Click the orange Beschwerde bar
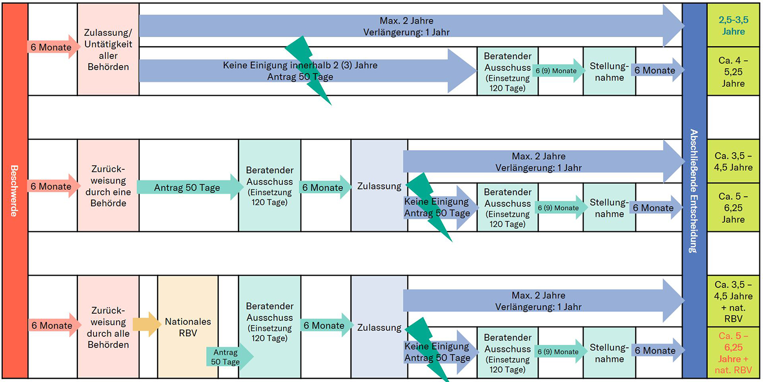click(x=14, y=191)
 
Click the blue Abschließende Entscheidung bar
click(x=694, y=191)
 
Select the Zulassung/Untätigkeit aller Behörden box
click(x=108, y=49)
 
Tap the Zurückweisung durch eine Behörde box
click(x=108, y=186)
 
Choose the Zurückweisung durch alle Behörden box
click(x=108, y=327)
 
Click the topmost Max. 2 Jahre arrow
click(x=407, y=26)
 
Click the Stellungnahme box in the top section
click(x=609, y=71)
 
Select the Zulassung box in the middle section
click(x=379, y=186)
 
